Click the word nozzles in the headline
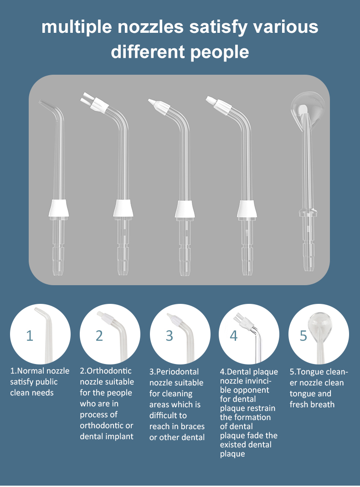(x=150, y=27)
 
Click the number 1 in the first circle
(x=30, y=336)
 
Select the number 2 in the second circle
(x=99, y=336)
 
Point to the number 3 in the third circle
(x=169, y=336)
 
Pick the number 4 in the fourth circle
(x=234, y=336)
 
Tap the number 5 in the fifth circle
(x=303, y=336)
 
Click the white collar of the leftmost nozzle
(x=58, y=208)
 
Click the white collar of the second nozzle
(x=123, y=208)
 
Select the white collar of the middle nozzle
(x=185, y=209)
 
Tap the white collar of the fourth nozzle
(x=247, y=209)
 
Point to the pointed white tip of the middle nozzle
(x=153, y=102)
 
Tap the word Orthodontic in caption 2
(x=109, y=371)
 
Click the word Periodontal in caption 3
(x=177, y=372)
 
